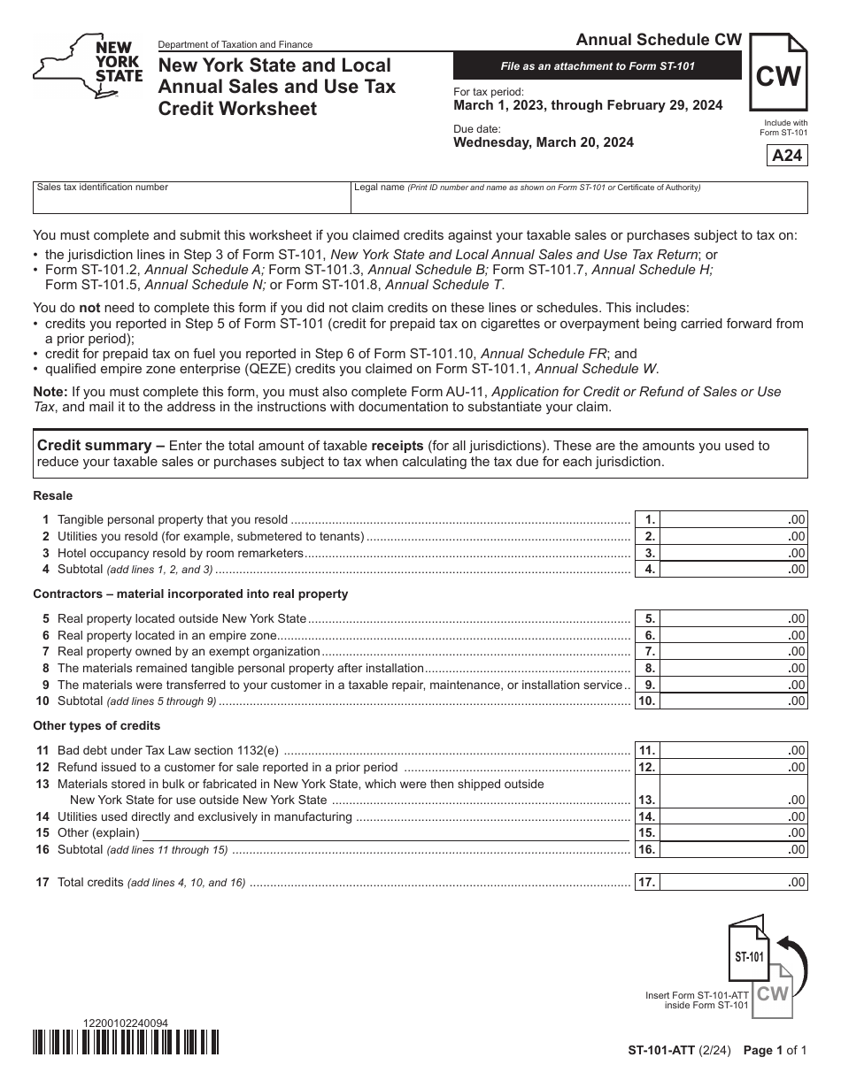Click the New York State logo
coord(87,69)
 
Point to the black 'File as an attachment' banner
coord(598,66)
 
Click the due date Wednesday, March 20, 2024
coord(544,142)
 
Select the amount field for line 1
coord(734,520)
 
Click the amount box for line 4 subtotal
coord(734,570)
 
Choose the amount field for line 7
coord(734,652)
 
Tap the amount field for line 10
coord(734,701)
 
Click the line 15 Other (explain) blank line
coord(386,833)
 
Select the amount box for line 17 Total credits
coord(734,883)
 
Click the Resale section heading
coord(53,496)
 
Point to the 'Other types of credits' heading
coord(96,726)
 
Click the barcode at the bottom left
coord(126,1043)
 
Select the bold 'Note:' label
coord(50,392)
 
